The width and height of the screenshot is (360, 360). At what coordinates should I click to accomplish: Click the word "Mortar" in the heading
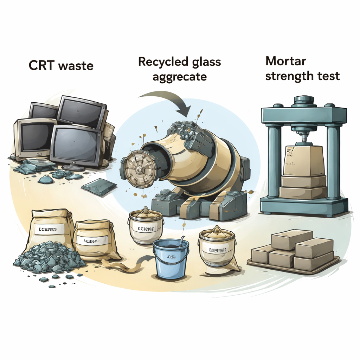pyautogui.click(x=285, y=61)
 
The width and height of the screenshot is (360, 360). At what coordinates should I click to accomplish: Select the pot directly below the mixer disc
pyautogui.click(x=146, y=227)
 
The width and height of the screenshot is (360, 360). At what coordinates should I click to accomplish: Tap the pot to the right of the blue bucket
pyautogui.click(x=217, y=248)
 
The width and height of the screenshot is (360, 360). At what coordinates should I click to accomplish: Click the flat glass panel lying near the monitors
pyautogui.click(x=99, y=186)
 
